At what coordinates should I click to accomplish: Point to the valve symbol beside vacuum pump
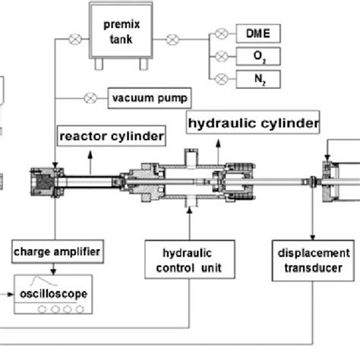coord(90,98)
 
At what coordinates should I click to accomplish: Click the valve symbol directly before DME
coord(221,33)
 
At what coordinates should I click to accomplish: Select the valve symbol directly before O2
coord(221,56)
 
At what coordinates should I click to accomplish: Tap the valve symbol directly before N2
coord(221,78)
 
